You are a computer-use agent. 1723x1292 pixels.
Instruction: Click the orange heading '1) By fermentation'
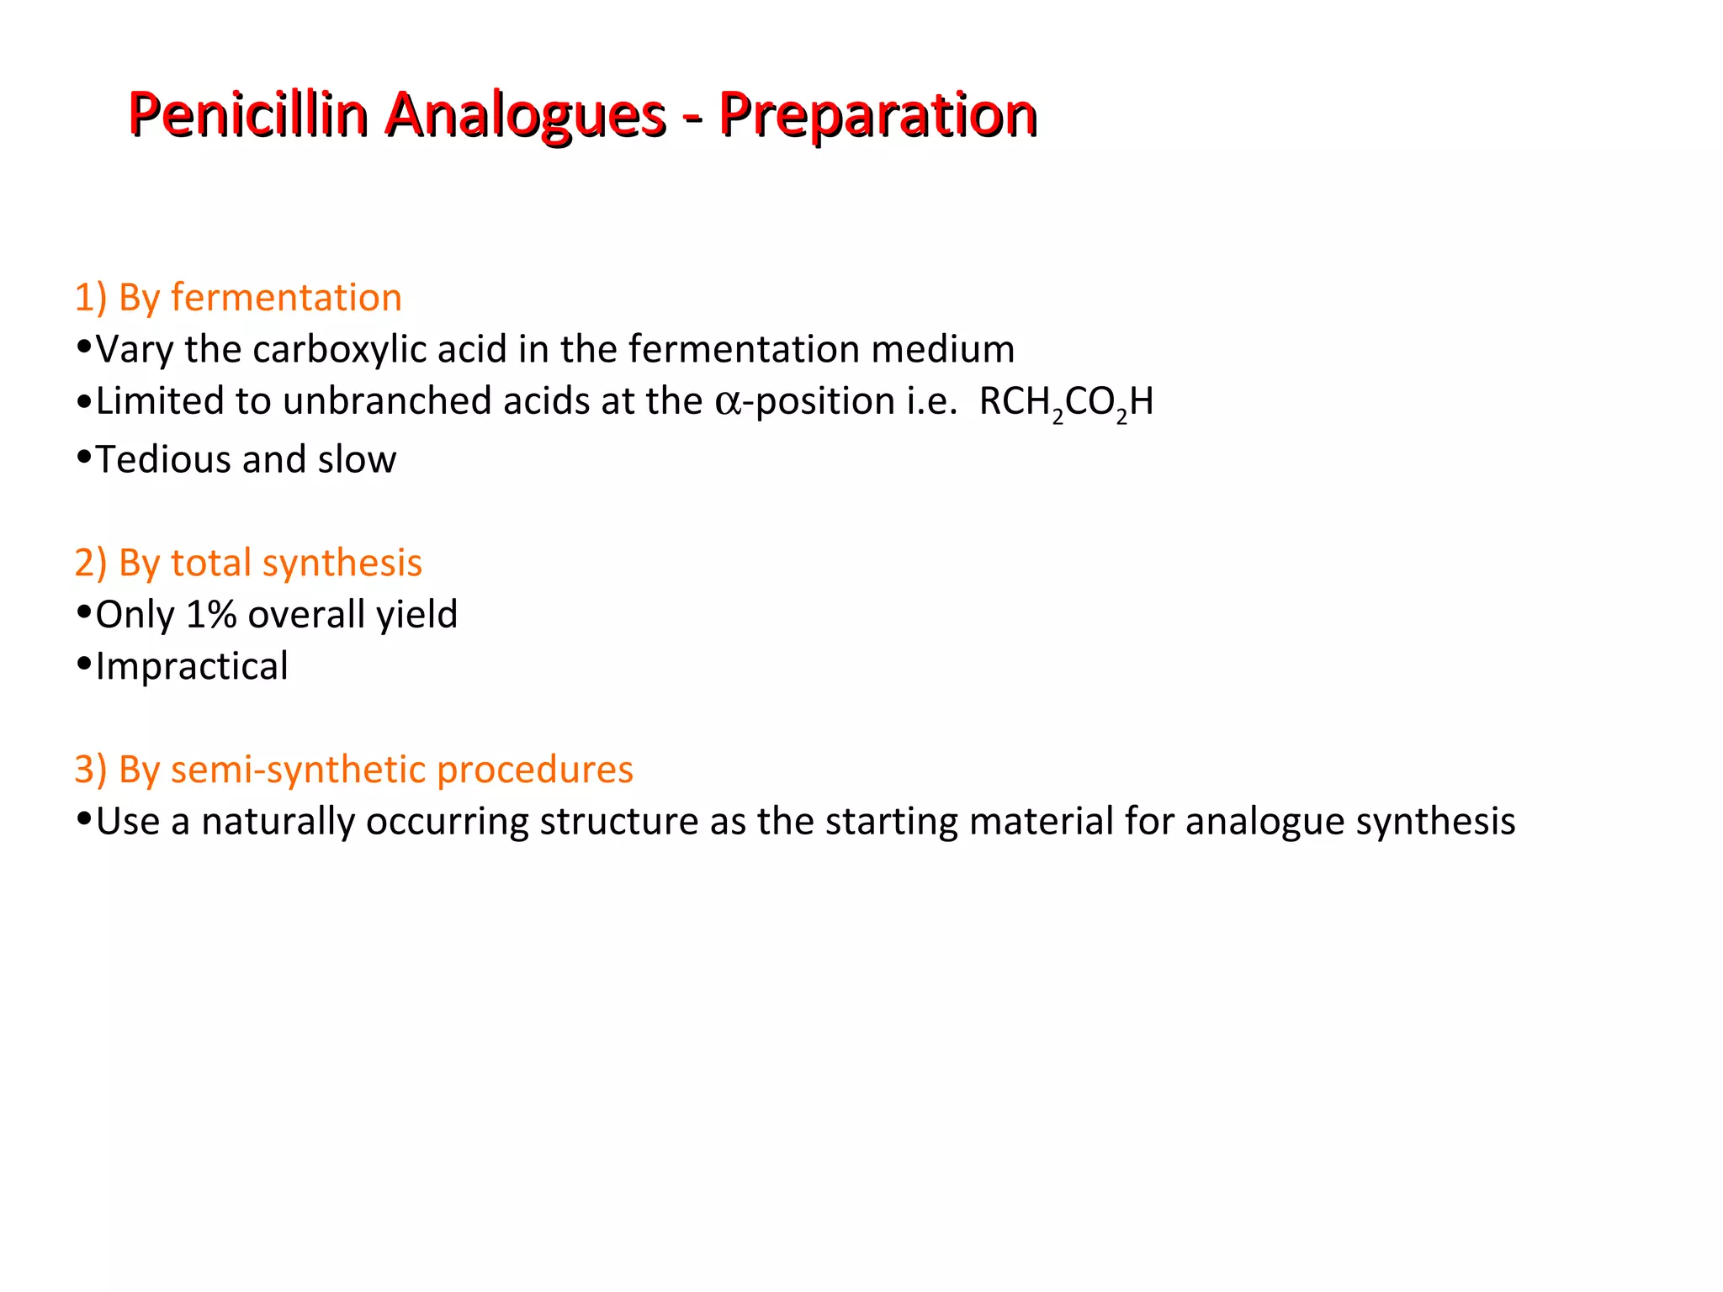click(x=238, y=298)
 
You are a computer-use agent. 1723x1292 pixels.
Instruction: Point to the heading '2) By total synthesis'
click(x=248, y=563)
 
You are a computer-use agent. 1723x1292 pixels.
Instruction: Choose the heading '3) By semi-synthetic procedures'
click(x=353, y=770)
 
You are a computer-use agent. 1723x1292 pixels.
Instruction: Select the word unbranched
click(x=387, y=401)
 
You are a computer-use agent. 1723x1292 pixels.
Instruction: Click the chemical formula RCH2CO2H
click(x=1066, y=403)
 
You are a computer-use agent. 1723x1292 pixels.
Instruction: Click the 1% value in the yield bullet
click(x=210, y=615)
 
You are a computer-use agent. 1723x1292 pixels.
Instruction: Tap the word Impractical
click(x=192, y=667)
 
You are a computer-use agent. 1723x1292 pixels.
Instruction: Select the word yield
click(x=416, y=615)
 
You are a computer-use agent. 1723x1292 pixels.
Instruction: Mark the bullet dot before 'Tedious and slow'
click(x=83, y=457)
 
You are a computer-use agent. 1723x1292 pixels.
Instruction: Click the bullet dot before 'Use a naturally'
click(x=83, y=819)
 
